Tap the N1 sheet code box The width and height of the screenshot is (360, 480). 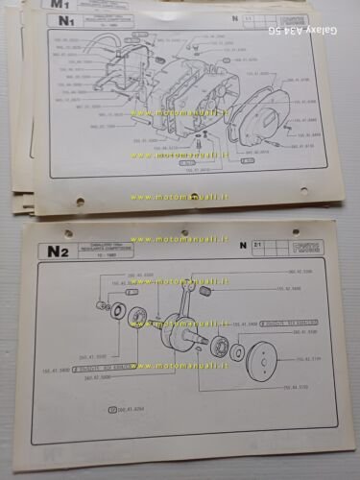coord(65,20)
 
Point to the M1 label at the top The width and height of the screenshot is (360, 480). coord(44,4)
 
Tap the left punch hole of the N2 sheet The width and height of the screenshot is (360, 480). coord(68,232)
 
